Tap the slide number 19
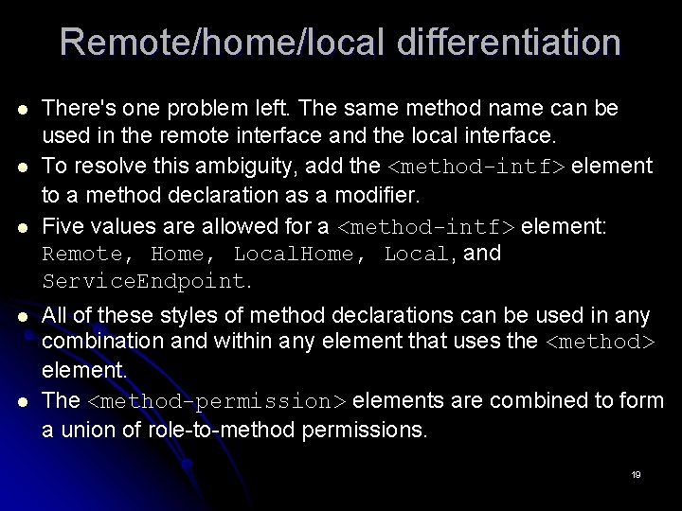[636, 474]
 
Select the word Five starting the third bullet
[65, 227]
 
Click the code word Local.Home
[295, 255]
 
